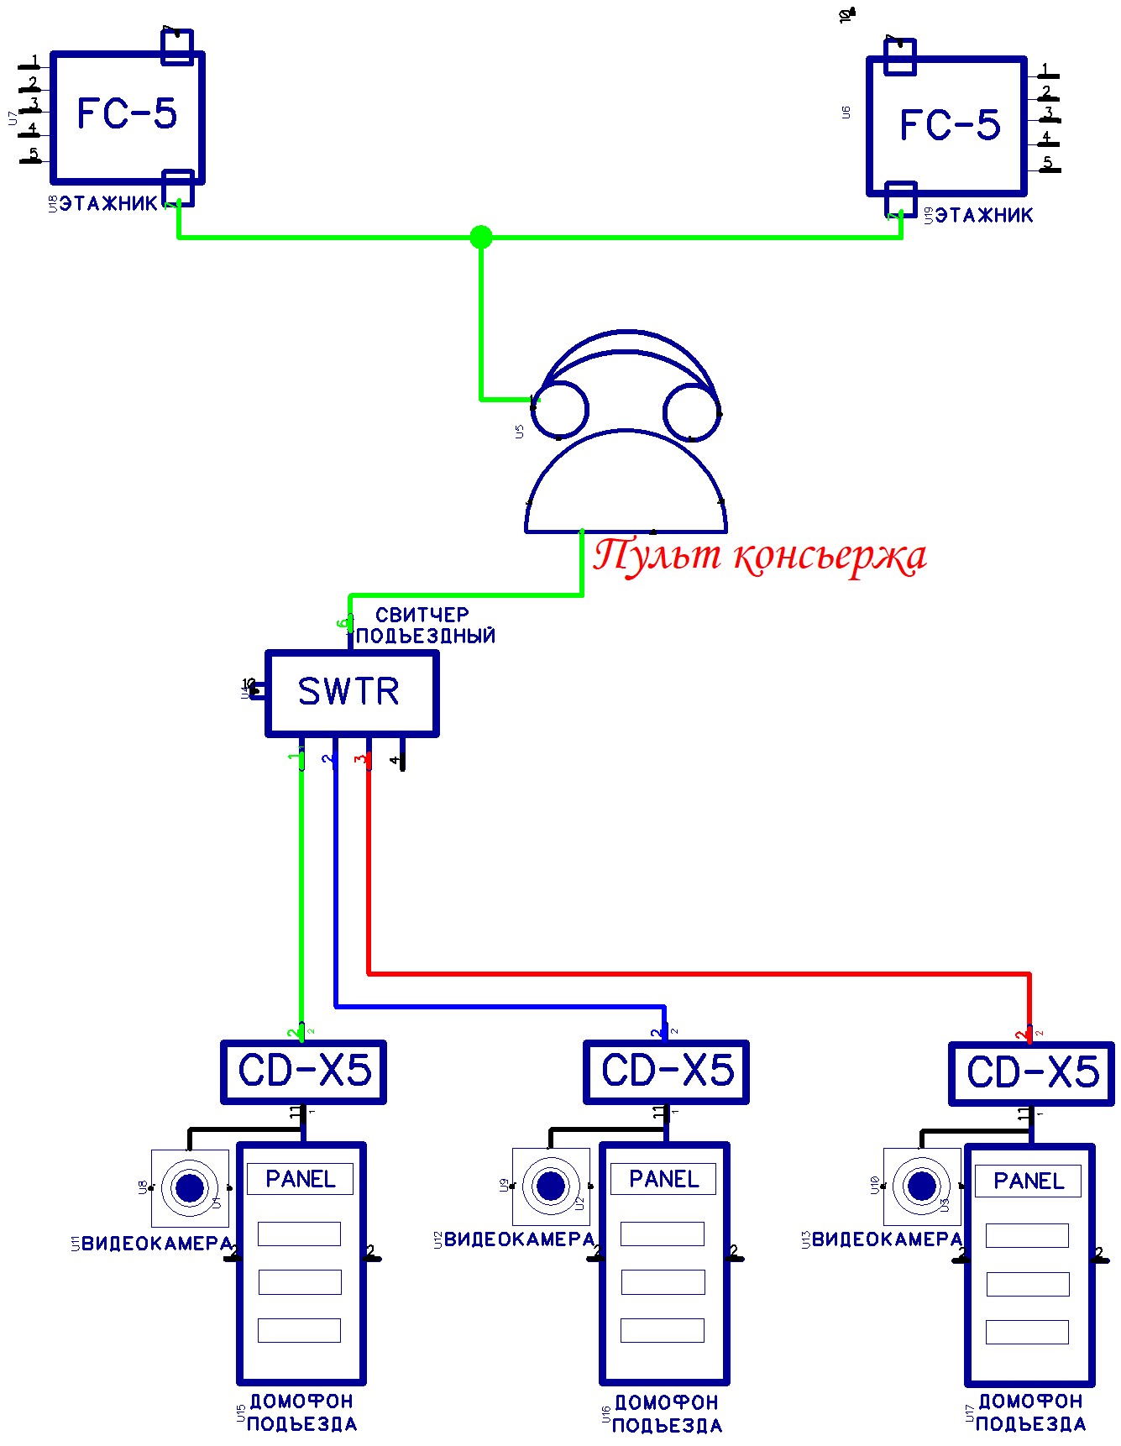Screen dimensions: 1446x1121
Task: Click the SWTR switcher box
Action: click(352, 693)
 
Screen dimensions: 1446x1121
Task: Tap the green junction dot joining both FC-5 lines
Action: click(481, 237)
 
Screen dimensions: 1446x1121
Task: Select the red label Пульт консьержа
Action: click(760, 556)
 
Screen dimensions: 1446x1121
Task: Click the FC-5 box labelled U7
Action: click(128, 117)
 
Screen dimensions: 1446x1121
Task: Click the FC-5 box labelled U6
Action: click(947, 126)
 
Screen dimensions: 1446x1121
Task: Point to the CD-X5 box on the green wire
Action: click(304, 1071)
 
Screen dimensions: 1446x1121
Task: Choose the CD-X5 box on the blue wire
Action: click(667, 1071)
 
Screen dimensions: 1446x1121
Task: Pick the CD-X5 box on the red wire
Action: click(1032, 1073)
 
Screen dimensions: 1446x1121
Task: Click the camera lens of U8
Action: click(190, 1187)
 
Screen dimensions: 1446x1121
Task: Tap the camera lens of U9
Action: click(551, 1186)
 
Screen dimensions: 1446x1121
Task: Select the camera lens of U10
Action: click(922, 1186)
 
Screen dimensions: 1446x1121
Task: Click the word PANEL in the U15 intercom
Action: click(300, 1179)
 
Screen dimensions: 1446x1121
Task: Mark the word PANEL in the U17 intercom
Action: click(1028, 1181)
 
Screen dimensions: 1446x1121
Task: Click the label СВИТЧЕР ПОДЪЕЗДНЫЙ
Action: click(424, 626)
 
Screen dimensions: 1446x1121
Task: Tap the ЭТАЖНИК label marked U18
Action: click(108, 203)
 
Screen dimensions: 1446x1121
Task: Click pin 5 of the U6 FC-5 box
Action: click(1047, 164)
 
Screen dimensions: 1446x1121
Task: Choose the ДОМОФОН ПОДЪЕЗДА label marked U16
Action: click(667, 1414)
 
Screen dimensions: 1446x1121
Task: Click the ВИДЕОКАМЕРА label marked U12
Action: click(519, 1239)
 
